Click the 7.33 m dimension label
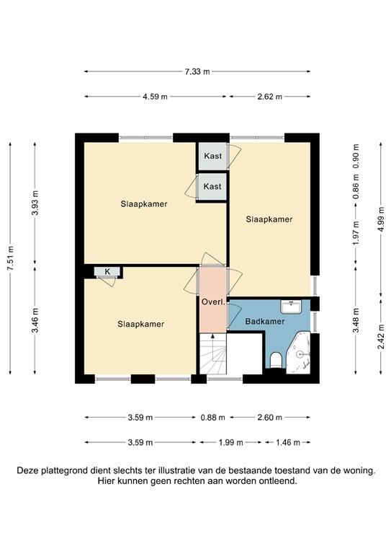[197, 71]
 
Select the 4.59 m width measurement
[155, 97]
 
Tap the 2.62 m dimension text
[270, 97]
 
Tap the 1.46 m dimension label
[287, 442]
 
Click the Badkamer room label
[263, 321]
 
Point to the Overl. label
[214, 302]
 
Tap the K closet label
[108, 271]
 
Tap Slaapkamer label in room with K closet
[141, 324]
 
